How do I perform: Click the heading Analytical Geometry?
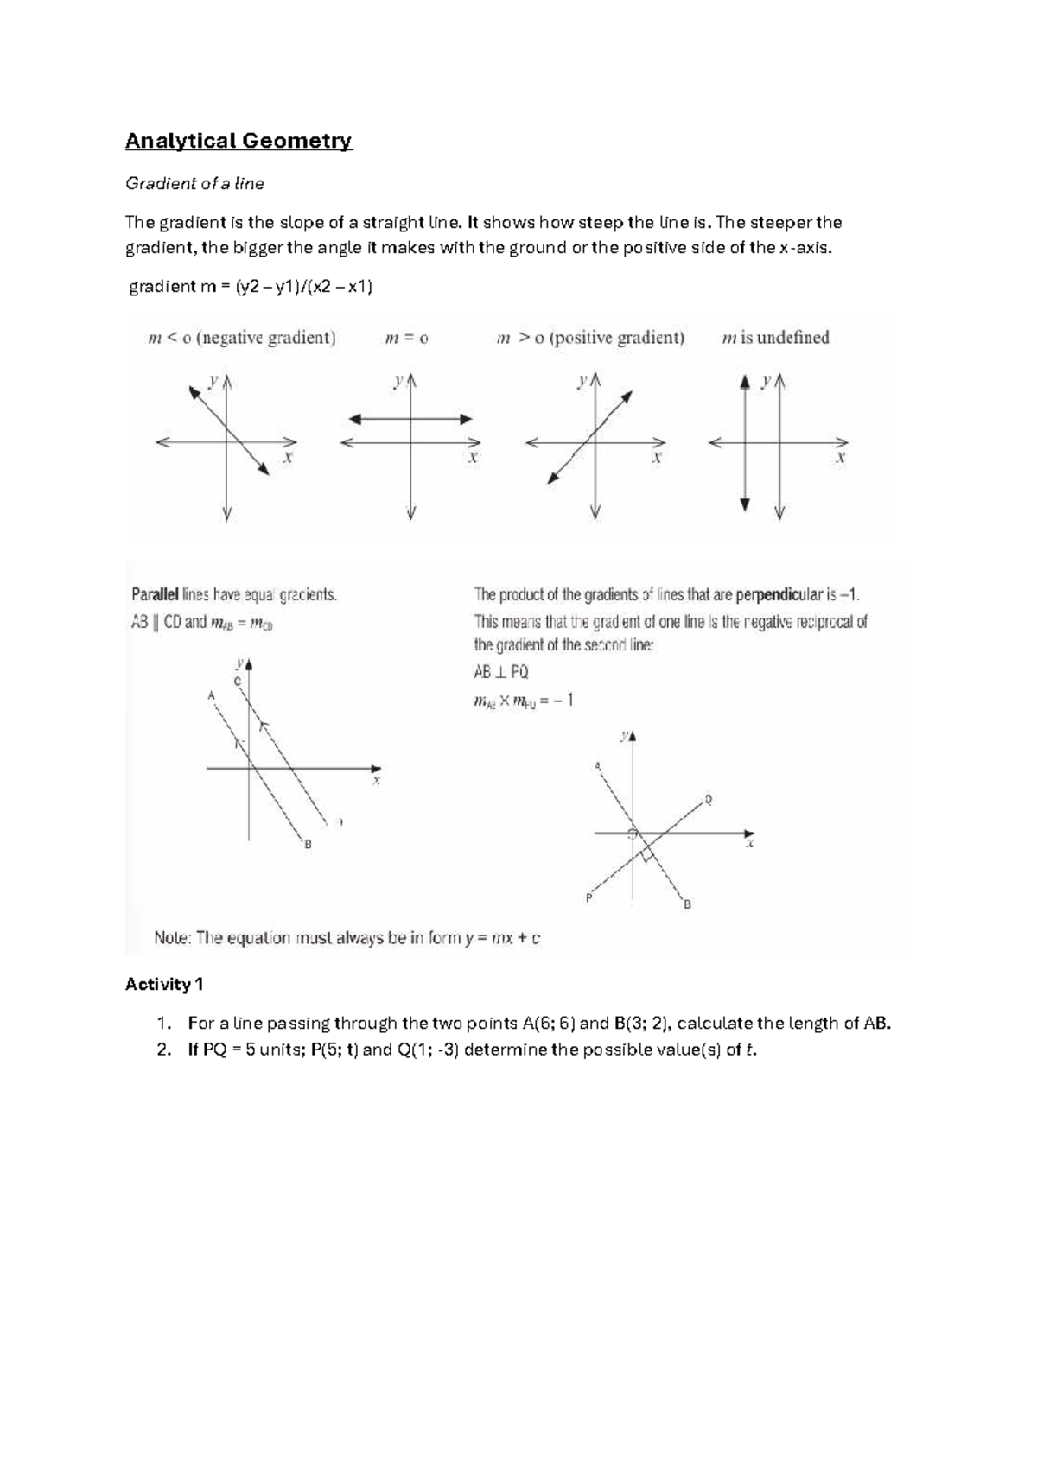(239, 141)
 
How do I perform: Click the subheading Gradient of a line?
(194, 183)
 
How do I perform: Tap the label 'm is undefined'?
(775, 338)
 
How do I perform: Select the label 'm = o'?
(406, 339)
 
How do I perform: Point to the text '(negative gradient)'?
(266, 338)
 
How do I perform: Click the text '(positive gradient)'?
(617, 338)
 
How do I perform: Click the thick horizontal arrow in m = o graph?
(410, 419)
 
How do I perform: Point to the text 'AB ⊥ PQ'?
(501, 671)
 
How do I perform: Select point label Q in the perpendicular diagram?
(709, 800)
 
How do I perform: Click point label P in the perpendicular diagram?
(588, 898)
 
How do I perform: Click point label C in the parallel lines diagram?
(237, 682)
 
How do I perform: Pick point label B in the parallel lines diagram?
(308, 844)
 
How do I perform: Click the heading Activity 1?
(164, 984)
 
